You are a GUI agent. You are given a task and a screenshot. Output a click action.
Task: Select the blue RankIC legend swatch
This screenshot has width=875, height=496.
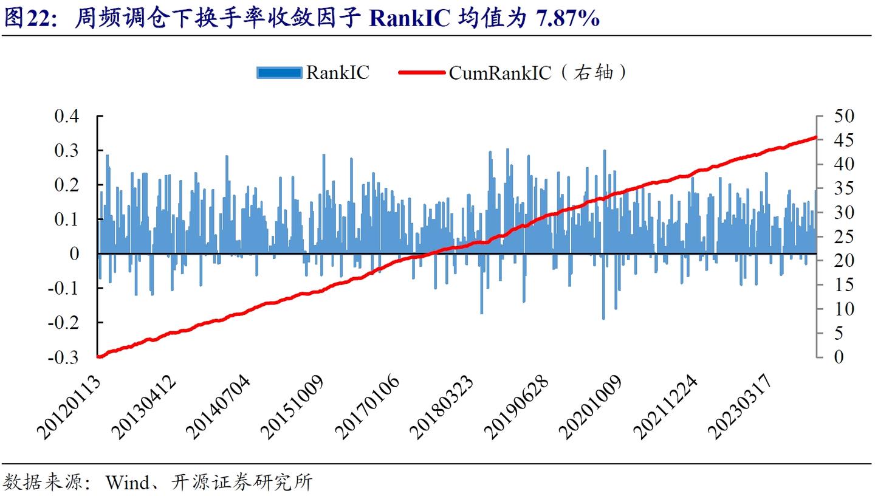tap(280, 73)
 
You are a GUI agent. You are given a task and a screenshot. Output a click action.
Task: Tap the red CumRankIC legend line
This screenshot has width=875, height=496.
tap(422, 73)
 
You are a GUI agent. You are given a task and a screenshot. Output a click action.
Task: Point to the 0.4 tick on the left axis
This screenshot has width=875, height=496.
tap(67, 115)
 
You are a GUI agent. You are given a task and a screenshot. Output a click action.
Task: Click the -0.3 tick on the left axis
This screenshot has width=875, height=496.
tap(64, 357)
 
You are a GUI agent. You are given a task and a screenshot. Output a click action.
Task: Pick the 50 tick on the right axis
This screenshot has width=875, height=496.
tap(844, 115)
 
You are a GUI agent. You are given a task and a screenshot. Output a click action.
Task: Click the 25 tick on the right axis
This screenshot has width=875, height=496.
tap(844, 236)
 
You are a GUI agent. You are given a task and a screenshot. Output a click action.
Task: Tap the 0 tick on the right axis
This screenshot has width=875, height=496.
tap(839, 357)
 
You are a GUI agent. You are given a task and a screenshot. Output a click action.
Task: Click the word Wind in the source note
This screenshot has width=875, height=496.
tap(127, 483)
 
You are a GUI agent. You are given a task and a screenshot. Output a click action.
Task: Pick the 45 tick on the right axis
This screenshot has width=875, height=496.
tap(844, 140)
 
